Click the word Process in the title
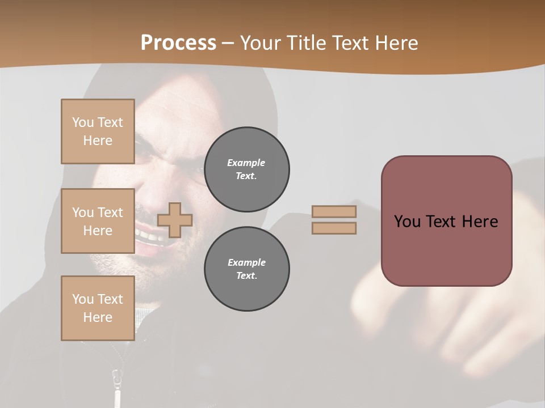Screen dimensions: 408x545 178,43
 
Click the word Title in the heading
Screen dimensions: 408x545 307,43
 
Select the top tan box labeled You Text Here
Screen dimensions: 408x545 98,131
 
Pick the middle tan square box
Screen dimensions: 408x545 98,221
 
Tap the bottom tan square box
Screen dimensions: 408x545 98,308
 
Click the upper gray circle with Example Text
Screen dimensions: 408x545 246,169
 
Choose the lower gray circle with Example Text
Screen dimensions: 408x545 246,269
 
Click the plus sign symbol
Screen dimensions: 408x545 175,220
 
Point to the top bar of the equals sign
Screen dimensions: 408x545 334,212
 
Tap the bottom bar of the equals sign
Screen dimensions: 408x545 334,228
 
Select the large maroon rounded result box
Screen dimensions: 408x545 446,249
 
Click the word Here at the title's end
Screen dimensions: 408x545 396,43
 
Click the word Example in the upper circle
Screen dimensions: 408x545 246,163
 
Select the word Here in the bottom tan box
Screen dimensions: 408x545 98,317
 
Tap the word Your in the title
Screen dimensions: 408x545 261,43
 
